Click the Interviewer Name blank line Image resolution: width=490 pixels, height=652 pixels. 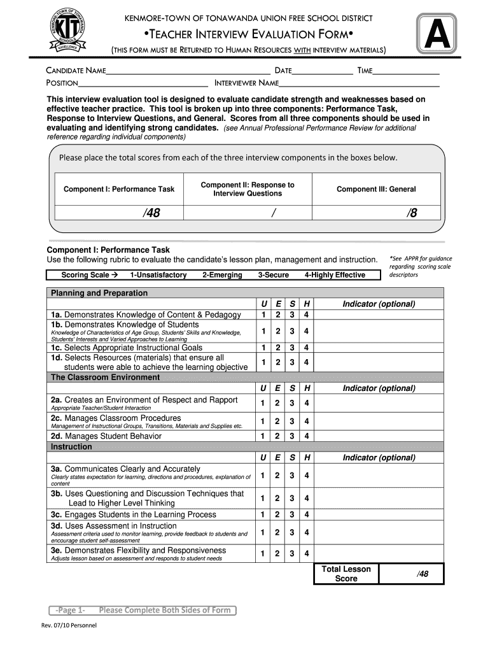[x=360, y=83]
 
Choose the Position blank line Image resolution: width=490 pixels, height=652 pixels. [x=143, y=83]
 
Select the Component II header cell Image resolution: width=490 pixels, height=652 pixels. [x=248, y=189]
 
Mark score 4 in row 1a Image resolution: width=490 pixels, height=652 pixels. [x=307, y=315]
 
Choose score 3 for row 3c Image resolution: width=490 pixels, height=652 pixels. [x=291, y=514]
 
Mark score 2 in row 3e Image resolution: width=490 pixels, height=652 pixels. [x=277, y=554]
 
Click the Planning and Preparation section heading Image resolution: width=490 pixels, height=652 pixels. [x=99, y=293]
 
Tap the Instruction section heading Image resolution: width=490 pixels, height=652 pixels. [x=71, y=447]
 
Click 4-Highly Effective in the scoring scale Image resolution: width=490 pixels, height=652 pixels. [x=335, y=275]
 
